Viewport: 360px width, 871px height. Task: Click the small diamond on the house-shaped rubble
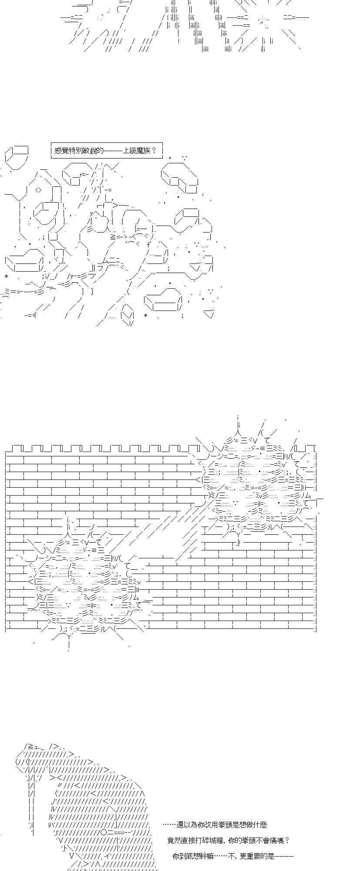(38, 190)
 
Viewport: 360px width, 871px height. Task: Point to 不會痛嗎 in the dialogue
(270, 841)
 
